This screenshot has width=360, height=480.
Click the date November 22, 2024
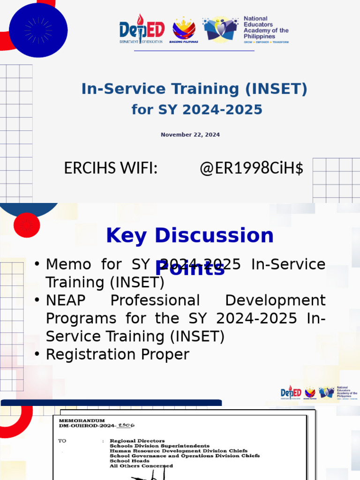190,135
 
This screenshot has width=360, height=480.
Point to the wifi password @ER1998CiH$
251,168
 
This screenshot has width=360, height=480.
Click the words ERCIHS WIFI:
111,168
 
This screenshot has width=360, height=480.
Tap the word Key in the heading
126,235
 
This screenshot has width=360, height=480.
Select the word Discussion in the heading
214,235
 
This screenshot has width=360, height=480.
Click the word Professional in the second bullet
155,300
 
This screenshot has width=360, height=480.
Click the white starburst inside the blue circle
38,30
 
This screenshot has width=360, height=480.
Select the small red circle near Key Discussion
27,225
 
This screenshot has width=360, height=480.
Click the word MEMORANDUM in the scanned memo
82,420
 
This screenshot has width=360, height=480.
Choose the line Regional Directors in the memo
137,441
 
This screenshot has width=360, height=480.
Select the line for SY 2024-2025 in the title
197,110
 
